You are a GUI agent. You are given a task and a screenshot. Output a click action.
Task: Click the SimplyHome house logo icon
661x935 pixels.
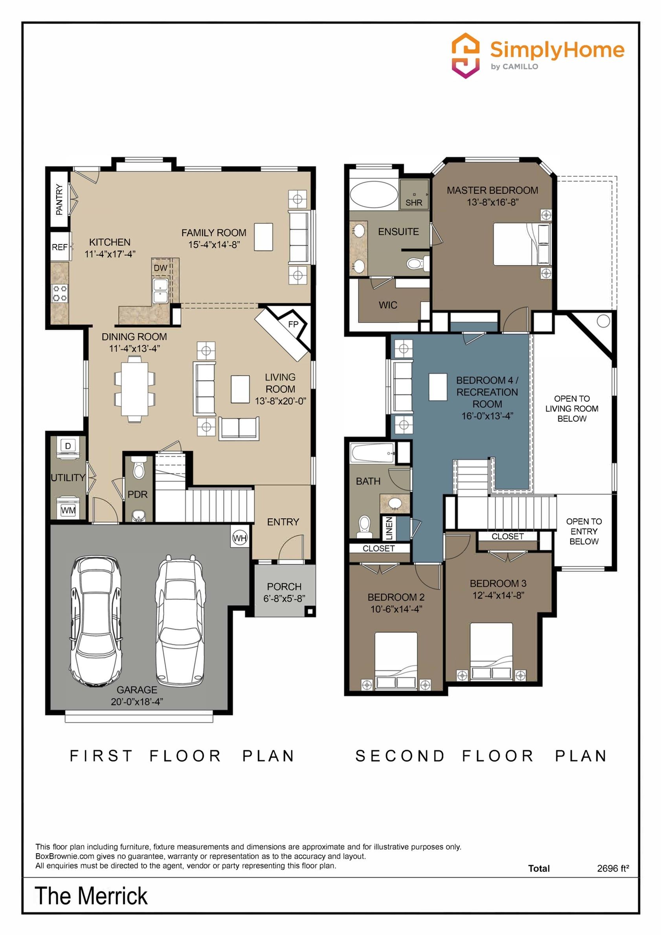coord(466,55)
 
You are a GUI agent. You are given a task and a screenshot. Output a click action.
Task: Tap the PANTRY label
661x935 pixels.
coord(59,200)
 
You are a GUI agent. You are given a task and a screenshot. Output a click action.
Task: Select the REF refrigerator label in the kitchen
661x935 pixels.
coord(59,247)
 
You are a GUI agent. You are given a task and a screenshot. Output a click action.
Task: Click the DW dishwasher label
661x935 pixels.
coord(160,268)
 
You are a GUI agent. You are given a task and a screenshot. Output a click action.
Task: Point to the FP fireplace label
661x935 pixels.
coord(293,324)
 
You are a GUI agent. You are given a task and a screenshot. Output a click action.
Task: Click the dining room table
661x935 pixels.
coord(135,388)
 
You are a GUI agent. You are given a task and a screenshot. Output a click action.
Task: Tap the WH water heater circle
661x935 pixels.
coord(240,538)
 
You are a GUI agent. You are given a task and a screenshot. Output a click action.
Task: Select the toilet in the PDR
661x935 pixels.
coord(139,468)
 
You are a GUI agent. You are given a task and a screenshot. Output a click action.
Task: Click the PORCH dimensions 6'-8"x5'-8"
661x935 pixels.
coord(284,598)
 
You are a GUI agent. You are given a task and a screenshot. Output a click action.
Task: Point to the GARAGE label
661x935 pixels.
coord(137,690)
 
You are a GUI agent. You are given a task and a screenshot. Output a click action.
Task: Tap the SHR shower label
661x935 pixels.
coord(414,202)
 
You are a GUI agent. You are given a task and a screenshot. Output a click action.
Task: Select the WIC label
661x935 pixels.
coord(388,305)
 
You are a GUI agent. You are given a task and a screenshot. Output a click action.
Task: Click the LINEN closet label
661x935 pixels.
coord(389,528)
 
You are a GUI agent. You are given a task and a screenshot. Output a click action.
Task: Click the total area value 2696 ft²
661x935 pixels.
coord(613,868)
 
